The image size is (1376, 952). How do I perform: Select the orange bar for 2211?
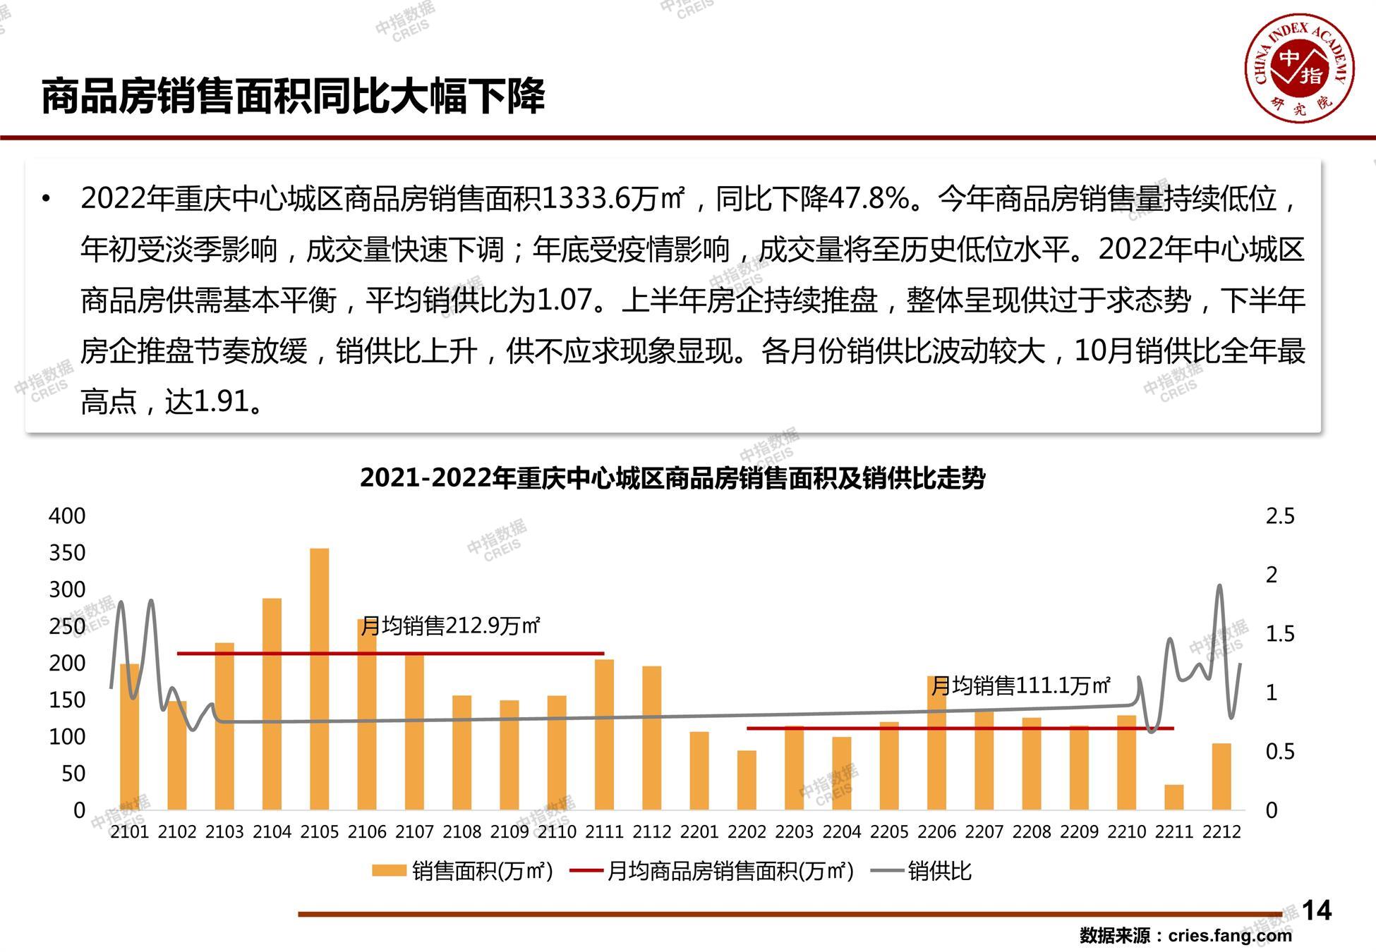(x=1174, y=797)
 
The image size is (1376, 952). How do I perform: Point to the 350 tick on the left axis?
(x=67, y=553)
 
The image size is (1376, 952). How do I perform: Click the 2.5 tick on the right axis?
(x=1280, y=516)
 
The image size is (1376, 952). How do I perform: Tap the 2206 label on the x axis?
(x=936, y=832)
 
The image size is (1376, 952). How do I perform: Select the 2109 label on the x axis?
(x=509, y=832)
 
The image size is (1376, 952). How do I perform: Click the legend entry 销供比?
(x=939, y=872)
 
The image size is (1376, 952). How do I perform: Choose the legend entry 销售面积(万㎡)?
(x=482, y=872)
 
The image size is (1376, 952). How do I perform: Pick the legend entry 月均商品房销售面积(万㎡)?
(x=730, y=872)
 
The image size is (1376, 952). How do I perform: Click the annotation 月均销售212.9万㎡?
(x=450, y=625)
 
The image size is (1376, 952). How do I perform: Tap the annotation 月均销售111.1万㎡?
(x=1020, y=685)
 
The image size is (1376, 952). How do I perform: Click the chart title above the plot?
(x=672, y=478)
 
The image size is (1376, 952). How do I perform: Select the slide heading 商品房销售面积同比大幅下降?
(x=293, y=97)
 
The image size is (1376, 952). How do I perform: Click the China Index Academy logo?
(x=1299, y=68)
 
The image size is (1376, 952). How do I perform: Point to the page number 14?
(x=1316, y=910)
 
